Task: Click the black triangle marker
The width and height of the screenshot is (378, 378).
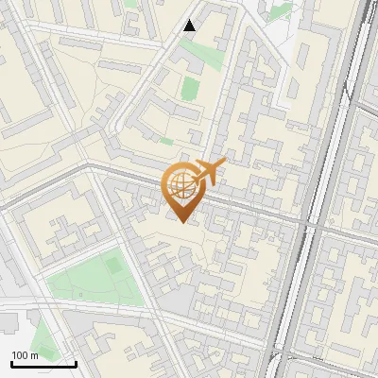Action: tap(190, 26)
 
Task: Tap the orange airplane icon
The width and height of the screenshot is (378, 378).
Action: tap(208, 172)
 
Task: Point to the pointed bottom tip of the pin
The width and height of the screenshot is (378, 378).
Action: tap(182, 223)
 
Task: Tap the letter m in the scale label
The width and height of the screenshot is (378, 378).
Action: tap(36, 354)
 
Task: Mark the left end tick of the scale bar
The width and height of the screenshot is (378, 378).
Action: tap(12, 362)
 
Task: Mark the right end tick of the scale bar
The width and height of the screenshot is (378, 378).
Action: tap(76, 362)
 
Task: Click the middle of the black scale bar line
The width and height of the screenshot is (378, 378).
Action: tap(43, 364)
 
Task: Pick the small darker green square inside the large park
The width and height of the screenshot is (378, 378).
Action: tap(113, 266)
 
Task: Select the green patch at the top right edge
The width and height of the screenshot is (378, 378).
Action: tap(279, 11)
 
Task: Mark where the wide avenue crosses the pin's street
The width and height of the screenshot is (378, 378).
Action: tap(312, 225)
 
